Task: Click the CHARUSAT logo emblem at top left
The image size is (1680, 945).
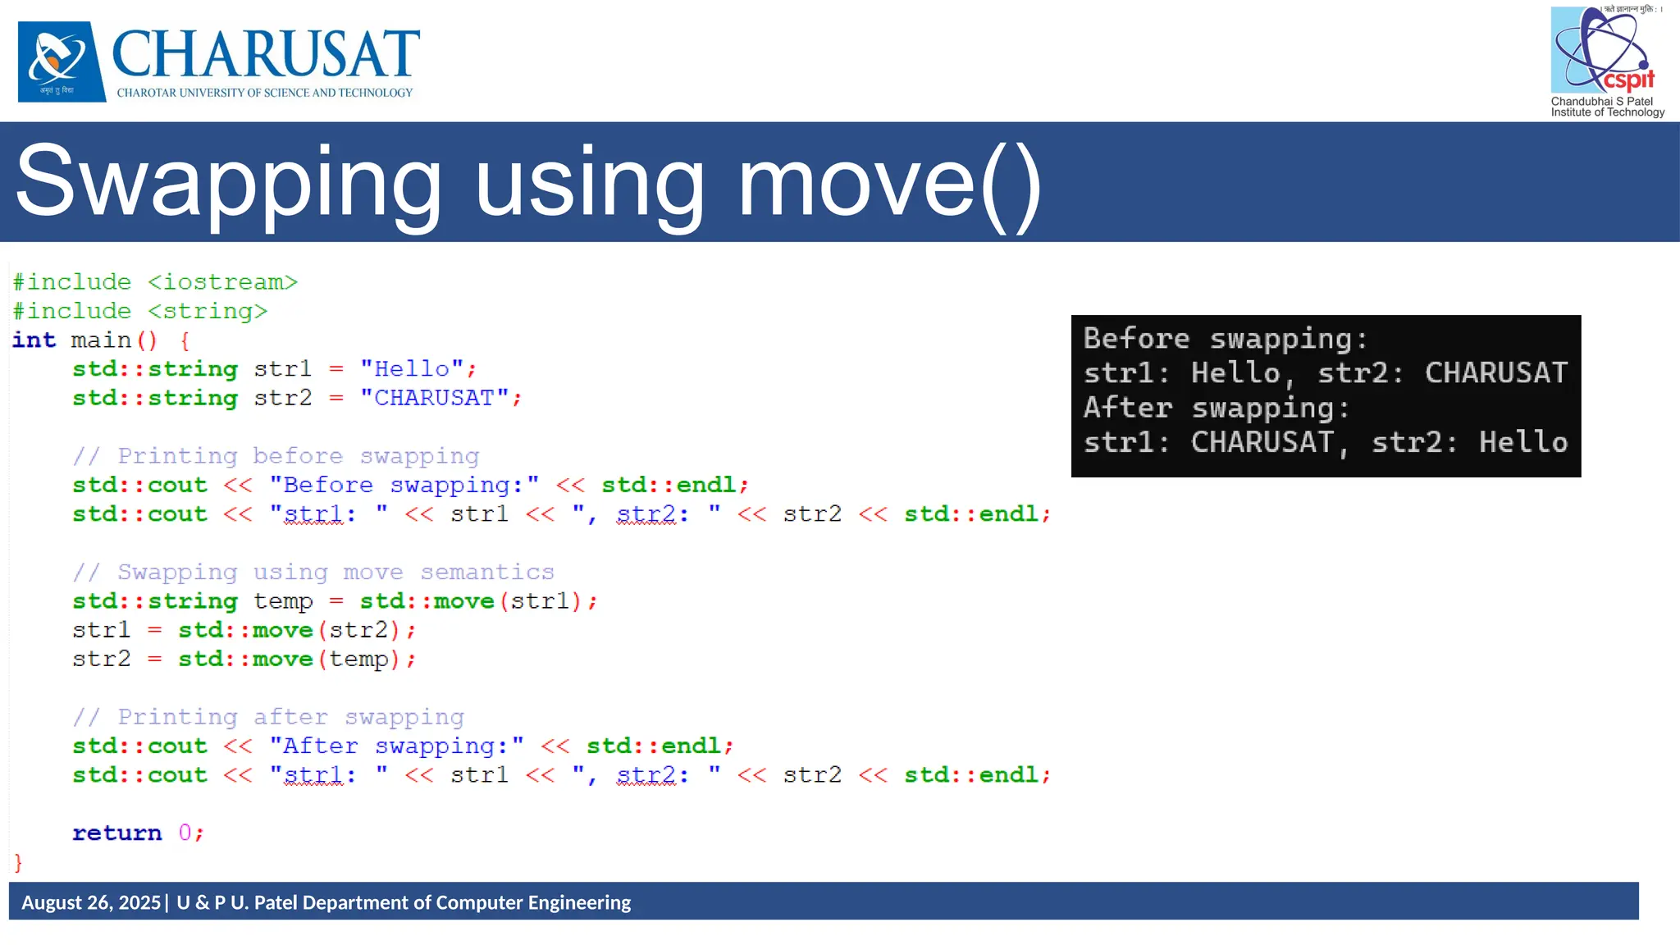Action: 62,62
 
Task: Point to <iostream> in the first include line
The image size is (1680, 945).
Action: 222,282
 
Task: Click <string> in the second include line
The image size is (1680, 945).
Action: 208,312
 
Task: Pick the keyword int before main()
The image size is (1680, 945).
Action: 34,340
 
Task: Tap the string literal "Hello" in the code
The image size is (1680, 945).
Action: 412,369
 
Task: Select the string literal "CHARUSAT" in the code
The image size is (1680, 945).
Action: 434,398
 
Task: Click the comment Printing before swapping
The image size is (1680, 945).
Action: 276,456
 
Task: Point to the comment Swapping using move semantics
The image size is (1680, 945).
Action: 313,573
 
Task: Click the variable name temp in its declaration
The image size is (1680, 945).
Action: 283,601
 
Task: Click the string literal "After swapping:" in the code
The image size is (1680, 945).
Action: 396,746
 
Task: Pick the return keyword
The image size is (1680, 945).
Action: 116,833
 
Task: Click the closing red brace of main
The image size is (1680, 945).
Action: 18,862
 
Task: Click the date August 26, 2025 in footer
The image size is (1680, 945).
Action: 91,902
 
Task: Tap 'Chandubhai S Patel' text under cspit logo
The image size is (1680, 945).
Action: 1601,102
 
